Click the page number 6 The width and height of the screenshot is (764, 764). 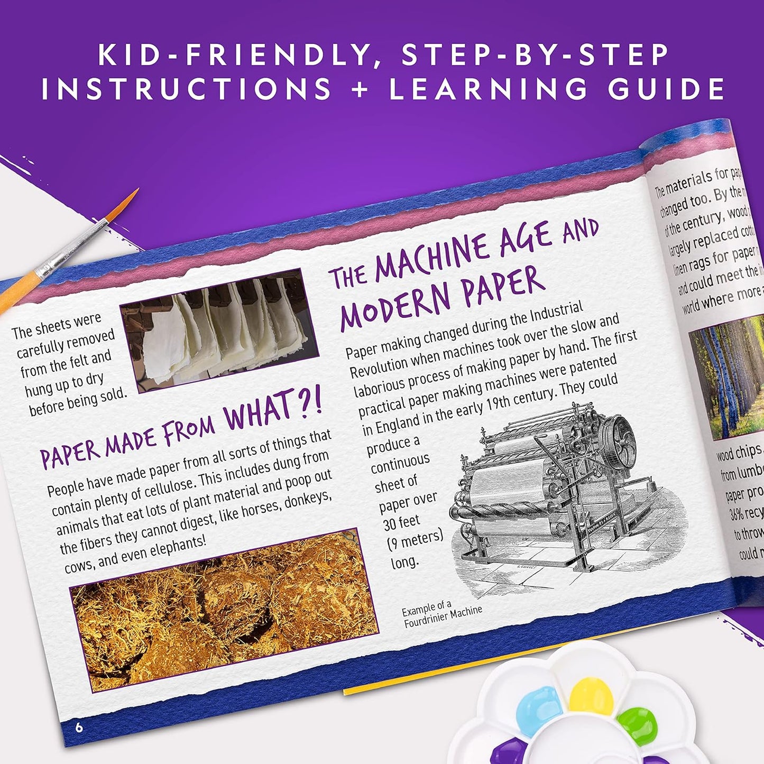(x=79, y=728)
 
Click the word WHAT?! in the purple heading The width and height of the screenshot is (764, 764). (x=273, y=410)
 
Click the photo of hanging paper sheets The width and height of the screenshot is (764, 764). (x=219, y=330)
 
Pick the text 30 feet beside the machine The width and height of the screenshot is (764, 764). (x=401, y=522)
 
